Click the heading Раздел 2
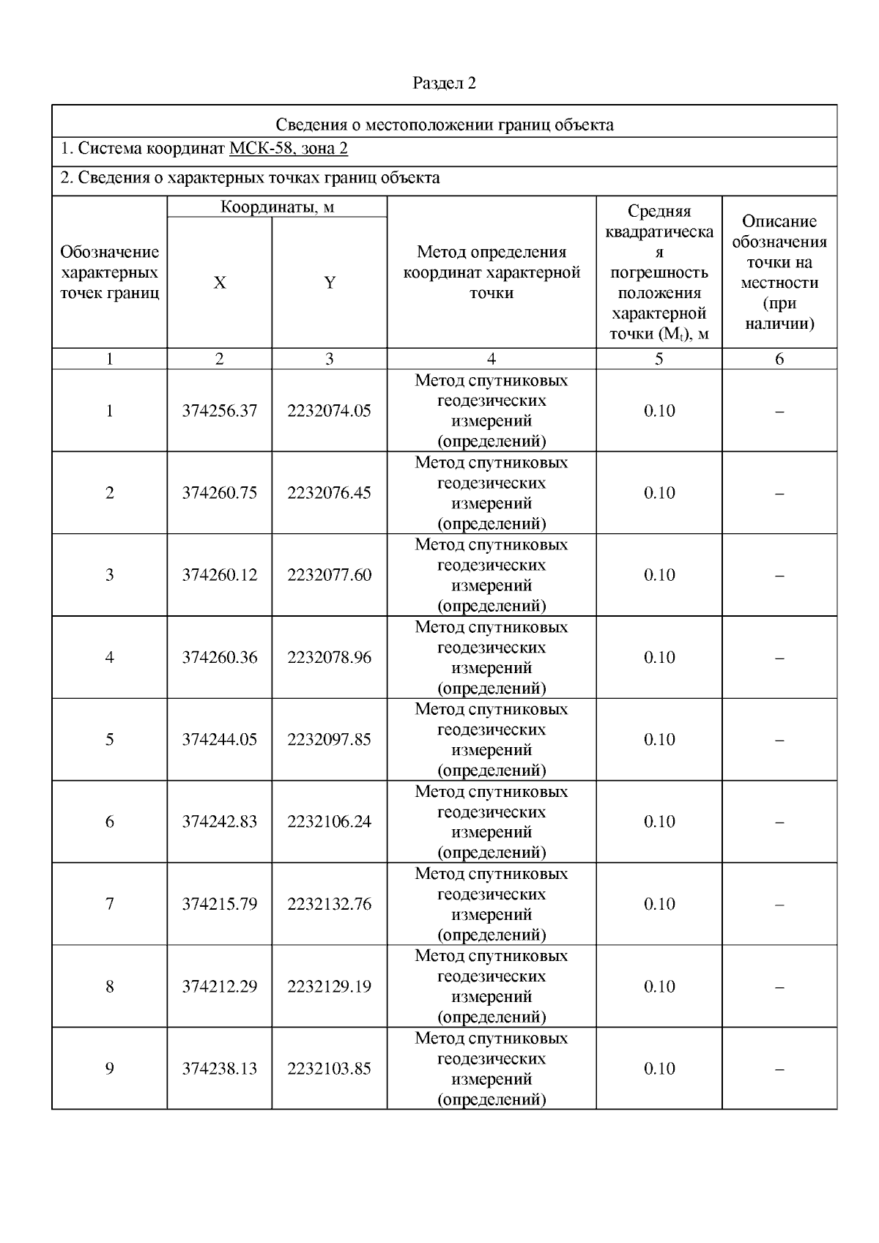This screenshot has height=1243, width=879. point(444,84)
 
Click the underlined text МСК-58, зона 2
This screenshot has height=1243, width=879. point(288,149)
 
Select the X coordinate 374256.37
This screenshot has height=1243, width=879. point(220,411)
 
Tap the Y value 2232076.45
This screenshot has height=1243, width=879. point(329,493)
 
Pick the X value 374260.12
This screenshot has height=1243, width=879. point(220,575)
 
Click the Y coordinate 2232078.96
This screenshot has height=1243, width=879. point(329,658)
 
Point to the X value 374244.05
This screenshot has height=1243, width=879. point(220,740)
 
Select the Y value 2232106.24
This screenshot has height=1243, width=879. point(329,822)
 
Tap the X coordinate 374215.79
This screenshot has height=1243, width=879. point(220,904)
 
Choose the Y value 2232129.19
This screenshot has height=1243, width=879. point(329,987)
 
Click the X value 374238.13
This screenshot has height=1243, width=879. point(220,1069)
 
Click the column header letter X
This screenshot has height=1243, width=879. point(220,283)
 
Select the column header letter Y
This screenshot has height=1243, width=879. point(330,283)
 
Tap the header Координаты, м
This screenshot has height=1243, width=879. point(277,207)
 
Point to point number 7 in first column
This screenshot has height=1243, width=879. point(110,904)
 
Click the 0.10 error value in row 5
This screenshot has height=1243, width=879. point(659,740)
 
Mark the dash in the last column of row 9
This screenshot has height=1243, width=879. point(779,1069)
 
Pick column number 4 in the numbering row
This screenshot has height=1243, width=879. point(492,359)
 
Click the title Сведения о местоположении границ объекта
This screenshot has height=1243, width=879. point(444,125)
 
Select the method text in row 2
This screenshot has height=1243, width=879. point(492,493)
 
